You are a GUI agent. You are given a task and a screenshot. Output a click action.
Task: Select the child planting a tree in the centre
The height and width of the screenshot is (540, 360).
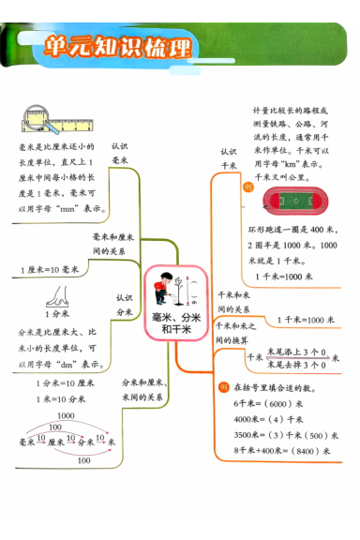tap(170, 287)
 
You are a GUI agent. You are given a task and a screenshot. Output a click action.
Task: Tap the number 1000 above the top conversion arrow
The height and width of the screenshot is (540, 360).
tap(66, 415)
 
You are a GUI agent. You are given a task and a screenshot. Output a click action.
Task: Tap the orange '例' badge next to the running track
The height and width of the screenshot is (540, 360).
tap(247, 187)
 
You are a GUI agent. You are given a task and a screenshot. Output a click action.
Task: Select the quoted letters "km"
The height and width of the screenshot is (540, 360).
tap(298, 161)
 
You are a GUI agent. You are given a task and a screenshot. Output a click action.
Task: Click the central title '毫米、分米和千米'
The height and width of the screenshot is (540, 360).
tap(175, 324)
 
